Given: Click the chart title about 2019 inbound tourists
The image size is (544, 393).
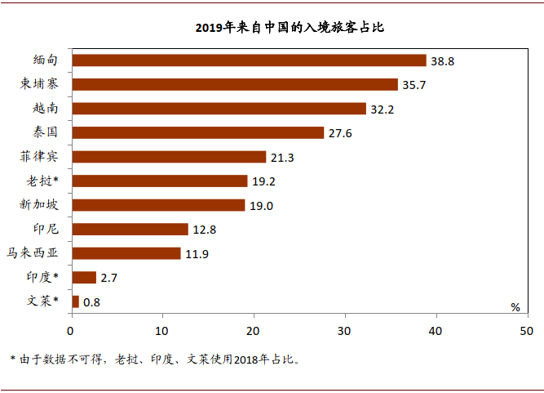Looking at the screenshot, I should [289, 28].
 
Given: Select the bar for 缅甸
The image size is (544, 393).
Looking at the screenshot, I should [249, 60].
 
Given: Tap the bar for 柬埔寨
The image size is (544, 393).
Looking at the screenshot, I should [235, 84].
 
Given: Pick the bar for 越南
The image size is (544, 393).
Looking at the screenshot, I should [219, 109].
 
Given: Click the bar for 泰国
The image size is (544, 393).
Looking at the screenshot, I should [197, 132].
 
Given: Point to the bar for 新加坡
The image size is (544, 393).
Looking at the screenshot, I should [158, 205].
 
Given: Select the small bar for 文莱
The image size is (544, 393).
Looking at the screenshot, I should [76, 301].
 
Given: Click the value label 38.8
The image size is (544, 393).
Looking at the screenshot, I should [444, 61].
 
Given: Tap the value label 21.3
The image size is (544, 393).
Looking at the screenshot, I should [283, 157].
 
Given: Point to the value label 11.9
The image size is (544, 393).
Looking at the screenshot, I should [197, 254].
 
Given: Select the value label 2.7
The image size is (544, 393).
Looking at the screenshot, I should [109, 279].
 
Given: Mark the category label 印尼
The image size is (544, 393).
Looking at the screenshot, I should [45, 229].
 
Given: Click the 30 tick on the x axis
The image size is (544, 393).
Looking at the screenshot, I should [344, 330].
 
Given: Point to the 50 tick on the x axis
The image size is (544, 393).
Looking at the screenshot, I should [526, 330].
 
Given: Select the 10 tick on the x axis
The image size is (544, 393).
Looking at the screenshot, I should [161, 330].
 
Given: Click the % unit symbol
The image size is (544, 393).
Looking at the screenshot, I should [515, 307].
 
